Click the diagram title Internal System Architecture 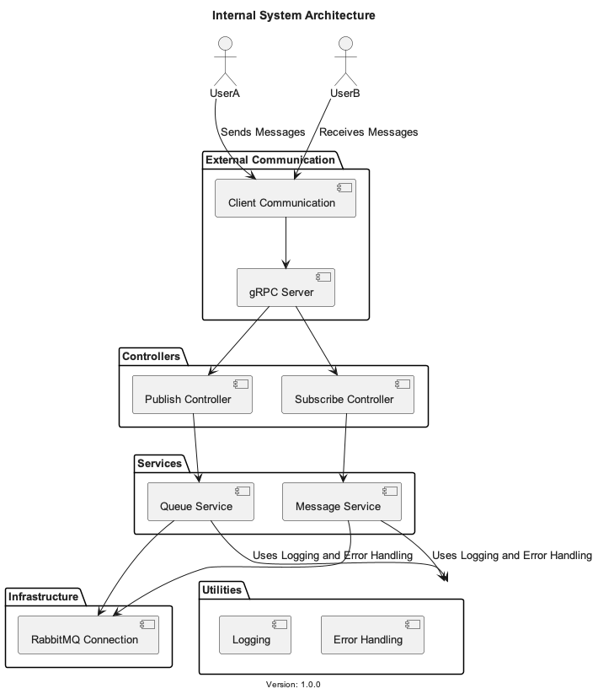pyautogui.click(x=293, y=15)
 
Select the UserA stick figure pyautogui.click(x=224, y=60)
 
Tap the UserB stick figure pyautogui.click(x=344, y=60)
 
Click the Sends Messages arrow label pyautogui.click(x=262, y=132)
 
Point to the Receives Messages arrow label pyautogui.click(x=368, y=132)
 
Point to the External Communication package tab pyautogui.click(x=270, y=159)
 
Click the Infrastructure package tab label pyautogui.click(x=43, y=597)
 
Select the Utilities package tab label pyautogui.click(x=222, y=589)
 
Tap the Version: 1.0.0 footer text pyautogui.click(x=293, y=685)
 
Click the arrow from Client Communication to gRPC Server pyautogui.click(x=286, y=243)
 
